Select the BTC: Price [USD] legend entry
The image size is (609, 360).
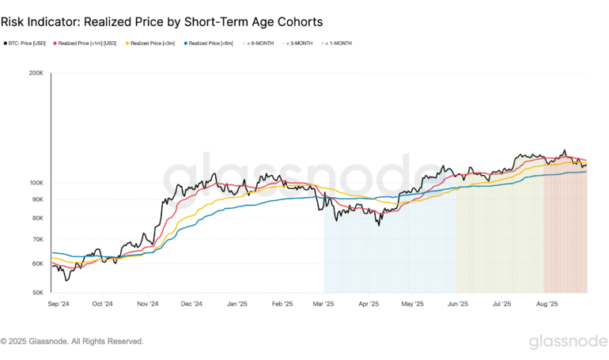coord(25,43)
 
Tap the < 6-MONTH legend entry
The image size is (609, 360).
coord(258,43)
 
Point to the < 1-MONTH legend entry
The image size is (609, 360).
coord(336,43)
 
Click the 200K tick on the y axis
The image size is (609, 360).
coord(36,74)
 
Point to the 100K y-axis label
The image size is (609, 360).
coord(36,183)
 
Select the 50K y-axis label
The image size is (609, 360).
coord(37,293)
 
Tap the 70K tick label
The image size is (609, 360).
coord(37,239)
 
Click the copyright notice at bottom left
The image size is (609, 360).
coord(72,342)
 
